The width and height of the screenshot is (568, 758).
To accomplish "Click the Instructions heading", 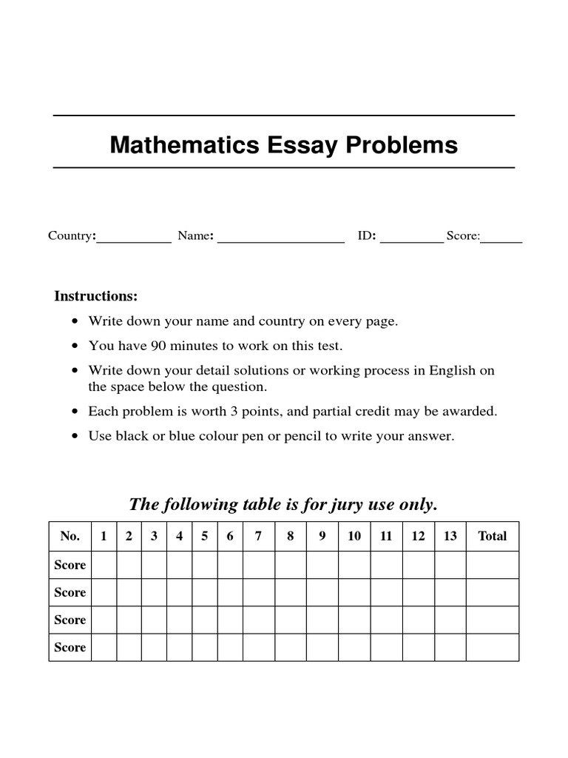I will click(96, 296).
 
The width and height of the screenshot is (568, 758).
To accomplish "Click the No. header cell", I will click(70, 537).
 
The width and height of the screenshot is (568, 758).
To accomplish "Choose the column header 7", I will click(258, 537).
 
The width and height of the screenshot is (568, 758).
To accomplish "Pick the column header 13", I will click(450, 537).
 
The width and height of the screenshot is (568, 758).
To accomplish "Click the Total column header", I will click(493, 537).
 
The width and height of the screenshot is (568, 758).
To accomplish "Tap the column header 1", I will click(104, 537).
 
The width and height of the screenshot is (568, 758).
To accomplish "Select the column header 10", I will click(354, 537).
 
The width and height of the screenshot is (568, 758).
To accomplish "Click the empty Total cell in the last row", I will click(493, 647).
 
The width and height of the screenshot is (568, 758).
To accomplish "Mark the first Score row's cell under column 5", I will click(204, 565).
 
